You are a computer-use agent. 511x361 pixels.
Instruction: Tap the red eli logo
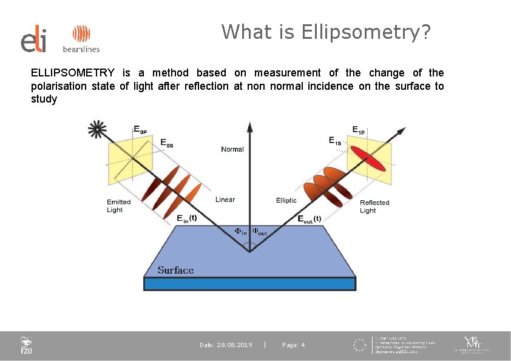[33, 40]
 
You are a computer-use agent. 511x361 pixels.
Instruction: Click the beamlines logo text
[81, 49]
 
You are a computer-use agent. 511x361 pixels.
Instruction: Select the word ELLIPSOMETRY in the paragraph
[72, 73]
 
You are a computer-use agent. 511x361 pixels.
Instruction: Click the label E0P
[140, 129]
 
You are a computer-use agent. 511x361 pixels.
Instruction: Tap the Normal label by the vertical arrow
[232, 149]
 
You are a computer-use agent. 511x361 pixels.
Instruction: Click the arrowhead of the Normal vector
[249, 127]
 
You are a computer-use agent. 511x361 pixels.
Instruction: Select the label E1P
[359, 129]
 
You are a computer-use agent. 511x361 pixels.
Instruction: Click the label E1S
[336, 141]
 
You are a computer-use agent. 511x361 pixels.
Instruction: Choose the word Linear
[225, 200]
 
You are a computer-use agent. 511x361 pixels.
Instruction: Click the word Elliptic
[286, 200]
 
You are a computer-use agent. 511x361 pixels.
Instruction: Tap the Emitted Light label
[118, 206]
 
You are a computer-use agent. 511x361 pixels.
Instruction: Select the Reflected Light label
[374, 206]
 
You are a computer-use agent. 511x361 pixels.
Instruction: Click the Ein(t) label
[186, 218]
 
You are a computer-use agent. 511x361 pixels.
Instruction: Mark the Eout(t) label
[309, 219]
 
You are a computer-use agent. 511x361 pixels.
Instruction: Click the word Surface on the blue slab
[175, 270]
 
